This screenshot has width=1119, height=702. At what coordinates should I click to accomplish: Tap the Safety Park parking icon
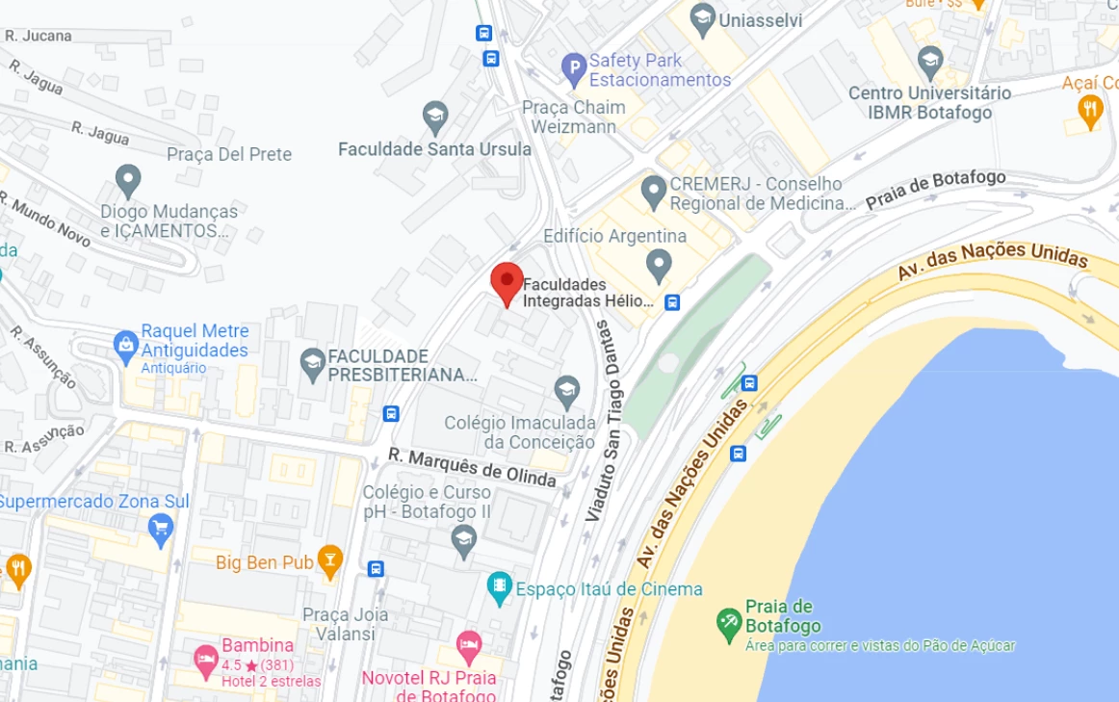pyautogui.click(x=574, y=68)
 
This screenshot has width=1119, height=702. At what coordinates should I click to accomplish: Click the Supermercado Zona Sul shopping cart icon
pyautogui.click(x=160, y=527)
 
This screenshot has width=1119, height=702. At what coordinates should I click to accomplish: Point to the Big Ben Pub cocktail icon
pyautogui.click(x=330, y=561)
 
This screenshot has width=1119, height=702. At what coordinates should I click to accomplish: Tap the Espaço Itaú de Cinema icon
pyautogui.click(x=499, y=587)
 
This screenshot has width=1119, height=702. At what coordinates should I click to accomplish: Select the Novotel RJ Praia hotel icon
pyautogui.click(x=468, y=644)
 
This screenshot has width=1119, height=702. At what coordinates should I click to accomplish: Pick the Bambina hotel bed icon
pyautogui.click(x=205, y=658)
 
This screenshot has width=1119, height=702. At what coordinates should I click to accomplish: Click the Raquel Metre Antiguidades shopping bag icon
pyautogui.click(x=125, y=344)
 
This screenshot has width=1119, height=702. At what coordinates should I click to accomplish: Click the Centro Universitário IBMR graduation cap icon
pyautogui.click(x=929, y=63)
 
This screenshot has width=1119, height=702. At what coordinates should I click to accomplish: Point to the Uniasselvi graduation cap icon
pyautogui.click(x=703, y=17)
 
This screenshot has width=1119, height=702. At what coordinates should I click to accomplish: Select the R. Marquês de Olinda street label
pyautogui.click(x=473, y=466)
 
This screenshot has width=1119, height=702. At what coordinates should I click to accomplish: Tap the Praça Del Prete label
pyautogui.click(x=229, y=154)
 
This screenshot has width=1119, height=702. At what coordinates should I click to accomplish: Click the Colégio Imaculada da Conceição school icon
pyautogui.click(x=567, y=390)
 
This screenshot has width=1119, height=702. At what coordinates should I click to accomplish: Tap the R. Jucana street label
pyautogui.click(x=39, y=36)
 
